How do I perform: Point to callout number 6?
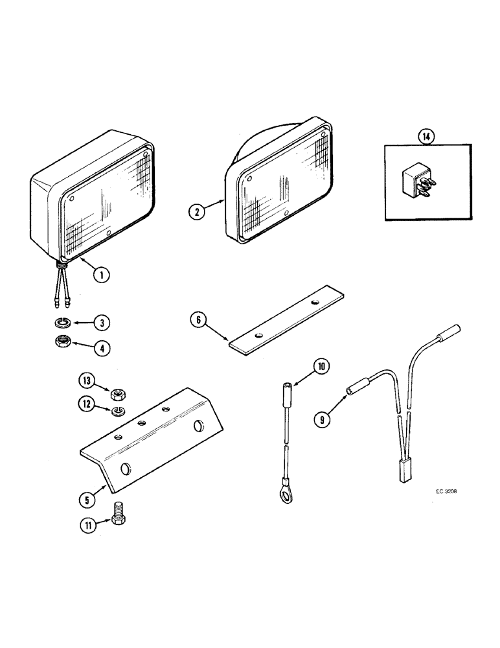[x=198, y=319]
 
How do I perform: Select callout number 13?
[x=87, y=380]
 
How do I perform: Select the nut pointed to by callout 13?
[x=118, y=392]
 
